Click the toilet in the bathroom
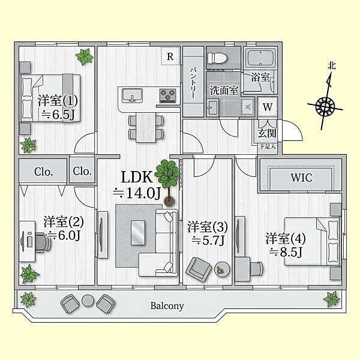point(217,58)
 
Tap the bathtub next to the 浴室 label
point(260,58)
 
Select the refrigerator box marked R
point(170,56)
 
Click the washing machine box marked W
point(267,107)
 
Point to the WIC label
point(301,178)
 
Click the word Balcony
point(167,306)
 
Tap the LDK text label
point(137,177)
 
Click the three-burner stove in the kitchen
point(168,95)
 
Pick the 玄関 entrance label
point(267,133)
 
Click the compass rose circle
point(325,106)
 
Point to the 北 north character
point(332,66)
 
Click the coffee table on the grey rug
point(138,233)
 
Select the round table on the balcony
point(88,301)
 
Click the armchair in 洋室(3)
point(199,269)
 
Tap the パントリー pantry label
point(193,83)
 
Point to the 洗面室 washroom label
point(224,90)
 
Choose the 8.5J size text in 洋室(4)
point(285,253)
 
